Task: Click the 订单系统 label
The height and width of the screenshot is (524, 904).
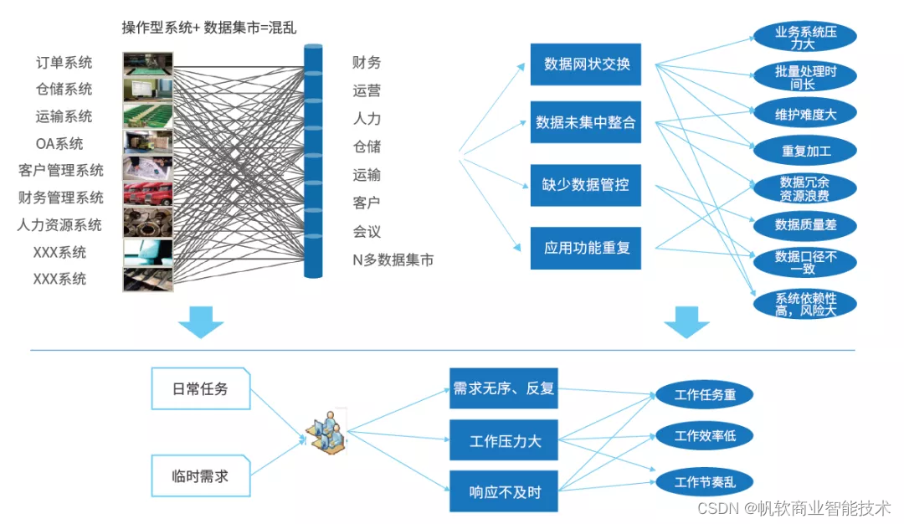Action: [64, 63]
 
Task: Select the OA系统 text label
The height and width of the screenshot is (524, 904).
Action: [59, 144]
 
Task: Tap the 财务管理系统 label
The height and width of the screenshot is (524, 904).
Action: [61, 198]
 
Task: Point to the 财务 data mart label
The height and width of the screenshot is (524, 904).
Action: [367, 63]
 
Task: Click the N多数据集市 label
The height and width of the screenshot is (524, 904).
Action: [393, 259]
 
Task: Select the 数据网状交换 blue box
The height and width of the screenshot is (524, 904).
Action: [586, 64]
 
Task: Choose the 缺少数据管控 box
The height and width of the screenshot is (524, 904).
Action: [586, 185]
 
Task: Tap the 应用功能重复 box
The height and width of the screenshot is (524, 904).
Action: [586, 248]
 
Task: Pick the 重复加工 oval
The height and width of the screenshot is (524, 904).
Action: [805, 152]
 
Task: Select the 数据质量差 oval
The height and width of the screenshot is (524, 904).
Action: [805, 224]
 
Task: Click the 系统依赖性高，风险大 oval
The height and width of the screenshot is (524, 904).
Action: [805, 304]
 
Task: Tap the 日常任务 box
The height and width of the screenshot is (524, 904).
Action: [200, 388]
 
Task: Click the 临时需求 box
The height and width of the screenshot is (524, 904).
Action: [200, 477]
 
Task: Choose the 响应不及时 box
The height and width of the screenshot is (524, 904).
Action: [503, 492]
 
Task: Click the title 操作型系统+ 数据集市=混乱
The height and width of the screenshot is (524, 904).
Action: [208, 28]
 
